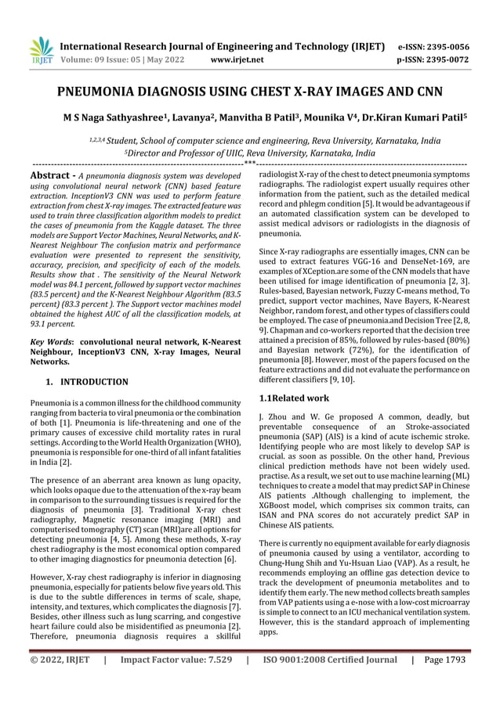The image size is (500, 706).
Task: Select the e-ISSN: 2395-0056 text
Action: point(434,46)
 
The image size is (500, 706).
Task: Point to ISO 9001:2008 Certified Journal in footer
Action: point(330,682)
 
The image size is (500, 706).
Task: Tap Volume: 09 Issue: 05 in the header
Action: point(114,59)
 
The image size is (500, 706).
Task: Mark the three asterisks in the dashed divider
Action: point(250,163)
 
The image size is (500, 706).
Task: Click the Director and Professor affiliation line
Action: point(250,153)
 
